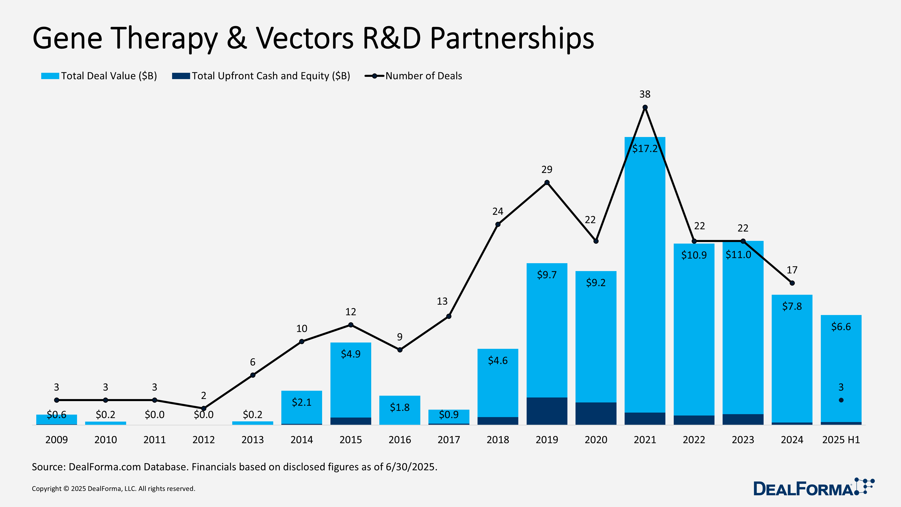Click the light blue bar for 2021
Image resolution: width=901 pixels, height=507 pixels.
[x=645, y=280]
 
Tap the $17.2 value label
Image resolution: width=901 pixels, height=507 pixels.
[x=645, y=149]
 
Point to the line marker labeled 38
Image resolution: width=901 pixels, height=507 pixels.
[x=645, y=107]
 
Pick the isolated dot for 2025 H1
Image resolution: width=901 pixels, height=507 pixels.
[x=841, y=400]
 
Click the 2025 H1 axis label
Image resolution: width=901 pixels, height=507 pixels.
[x=841, y=440]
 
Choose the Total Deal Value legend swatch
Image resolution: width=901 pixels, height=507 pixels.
[x=50, y=76]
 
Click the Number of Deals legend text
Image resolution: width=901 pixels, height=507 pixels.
[x=423, y=76]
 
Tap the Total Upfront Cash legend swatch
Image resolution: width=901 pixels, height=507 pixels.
[x=181, y=76]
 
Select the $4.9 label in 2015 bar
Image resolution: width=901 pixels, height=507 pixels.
[x=350, y=354]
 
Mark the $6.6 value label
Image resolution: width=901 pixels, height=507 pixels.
[x=841, y=327]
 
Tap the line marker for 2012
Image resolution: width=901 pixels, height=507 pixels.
[x=204, y=408]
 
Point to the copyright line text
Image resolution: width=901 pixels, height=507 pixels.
[x=113, y=489]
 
